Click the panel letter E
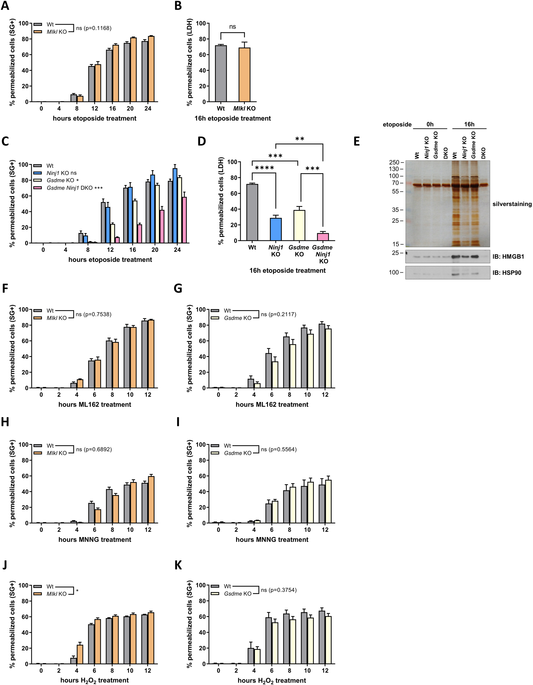[x=357, y=141]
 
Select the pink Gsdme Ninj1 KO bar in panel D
[x=323, y=237]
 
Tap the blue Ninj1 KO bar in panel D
[x=276, y=229]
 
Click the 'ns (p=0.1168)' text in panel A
[x=93, y=28]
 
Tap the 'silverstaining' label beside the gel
[x=512, y=204]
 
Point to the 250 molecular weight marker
[x=394, y=162]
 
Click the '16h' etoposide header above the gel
[x=469, y=124]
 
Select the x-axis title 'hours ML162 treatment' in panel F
[x=95, y=405]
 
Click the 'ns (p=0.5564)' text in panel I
[x=278, y=449]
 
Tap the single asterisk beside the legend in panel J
[x=77, y=592]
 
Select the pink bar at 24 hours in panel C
[x=184, y=220]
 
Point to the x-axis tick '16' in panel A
[x=112, y=109]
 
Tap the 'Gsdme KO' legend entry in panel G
[x=237, y=318]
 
